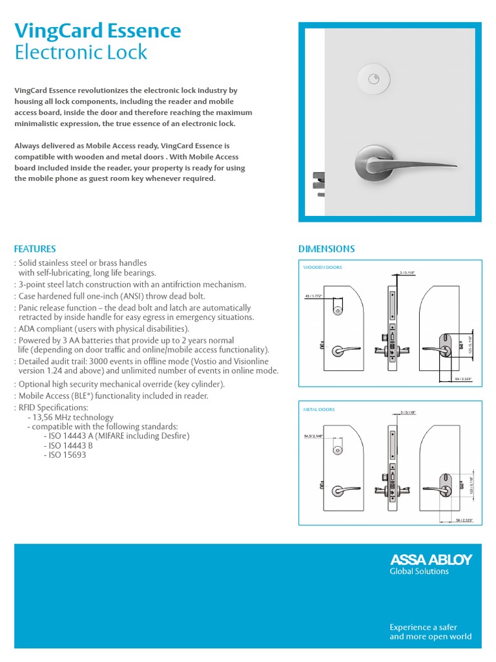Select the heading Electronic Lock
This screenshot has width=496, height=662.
pos(81,52)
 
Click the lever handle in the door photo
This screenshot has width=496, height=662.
pos(387,161)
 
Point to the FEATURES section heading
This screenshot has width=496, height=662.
pos(35,249)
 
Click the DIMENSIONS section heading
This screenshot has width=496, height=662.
pos(326,249)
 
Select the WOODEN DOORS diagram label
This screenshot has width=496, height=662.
pos(323,267)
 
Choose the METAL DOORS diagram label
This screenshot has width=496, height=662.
pos(319,409)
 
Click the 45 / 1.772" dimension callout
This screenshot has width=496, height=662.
pos(314,296)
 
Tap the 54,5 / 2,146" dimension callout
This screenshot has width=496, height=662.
pos(315,438)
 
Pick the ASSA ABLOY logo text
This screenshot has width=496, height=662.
pos(431,559)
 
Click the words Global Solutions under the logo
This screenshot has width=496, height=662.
pos(418,571)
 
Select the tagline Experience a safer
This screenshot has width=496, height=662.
pos(422,627)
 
